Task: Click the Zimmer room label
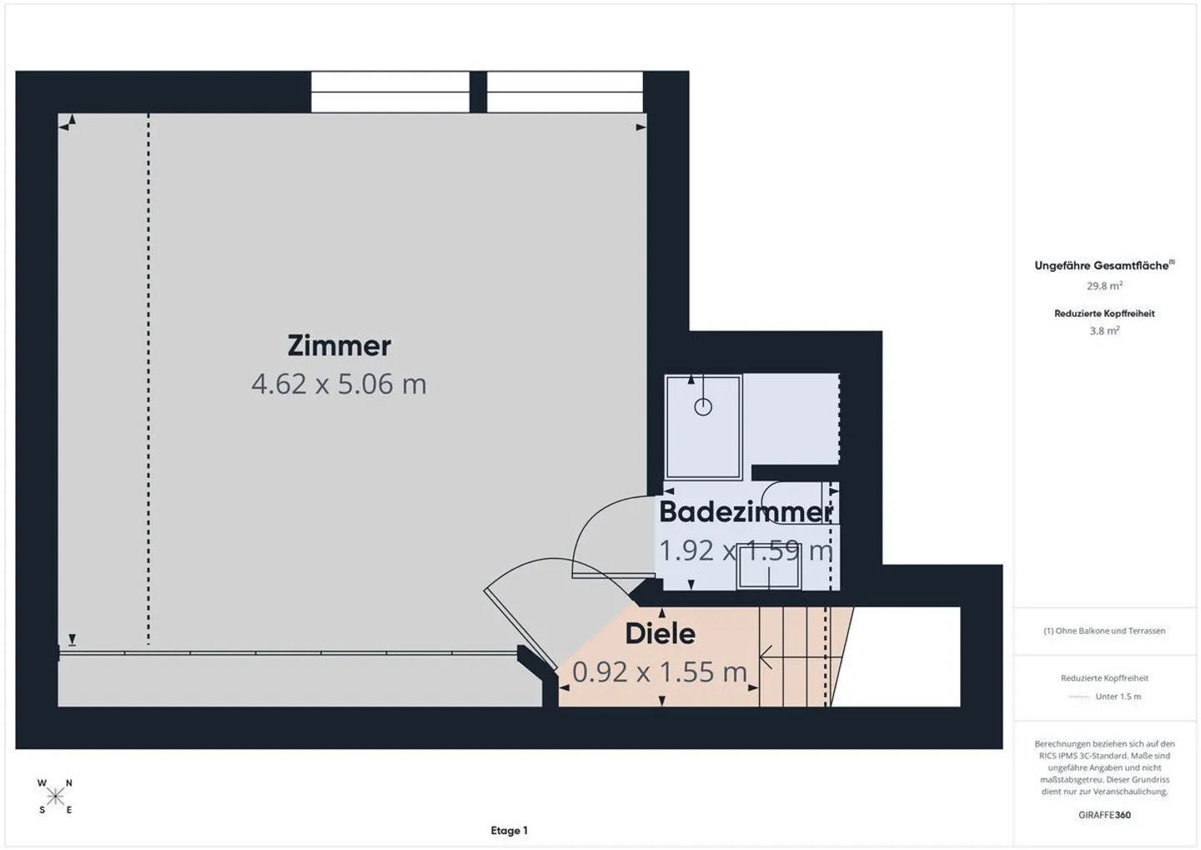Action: click(x=339, y=345)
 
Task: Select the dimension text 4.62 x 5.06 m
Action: click(x=339, y=384)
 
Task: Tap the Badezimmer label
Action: click(x=746, y=511)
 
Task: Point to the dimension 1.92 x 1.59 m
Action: click(x=746, y=551)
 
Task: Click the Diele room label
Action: click(x=660, y=634)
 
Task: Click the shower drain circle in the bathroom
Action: click(x=703, y=407)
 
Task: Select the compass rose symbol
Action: click(x=55, y=797)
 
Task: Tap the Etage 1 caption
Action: click(x=509, y=830)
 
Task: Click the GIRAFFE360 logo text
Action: click(x=1104, y=814)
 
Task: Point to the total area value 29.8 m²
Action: click(x=1104, y=286)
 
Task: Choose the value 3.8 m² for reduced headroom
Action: click(x=1104, y=331)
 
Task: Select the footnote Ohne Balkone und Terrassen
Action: click(x=1104, y=631)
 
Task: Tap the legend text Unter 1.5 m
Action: click(x=1118, y=697)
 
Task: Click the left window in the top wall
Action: click(x=390, y=92)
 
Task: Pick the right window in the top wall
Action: click(x=565, y=92)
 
